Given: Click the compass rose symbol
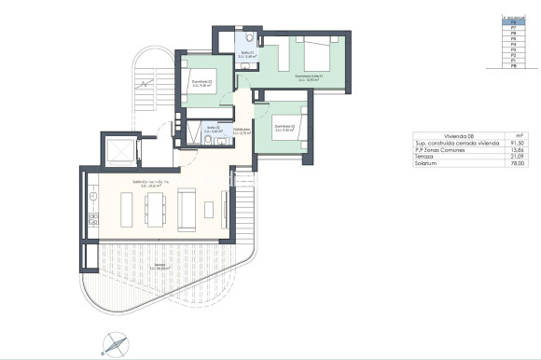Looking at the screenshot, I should [112, 342].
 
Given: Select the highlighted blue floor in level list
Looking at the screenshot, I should [508, 21].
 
